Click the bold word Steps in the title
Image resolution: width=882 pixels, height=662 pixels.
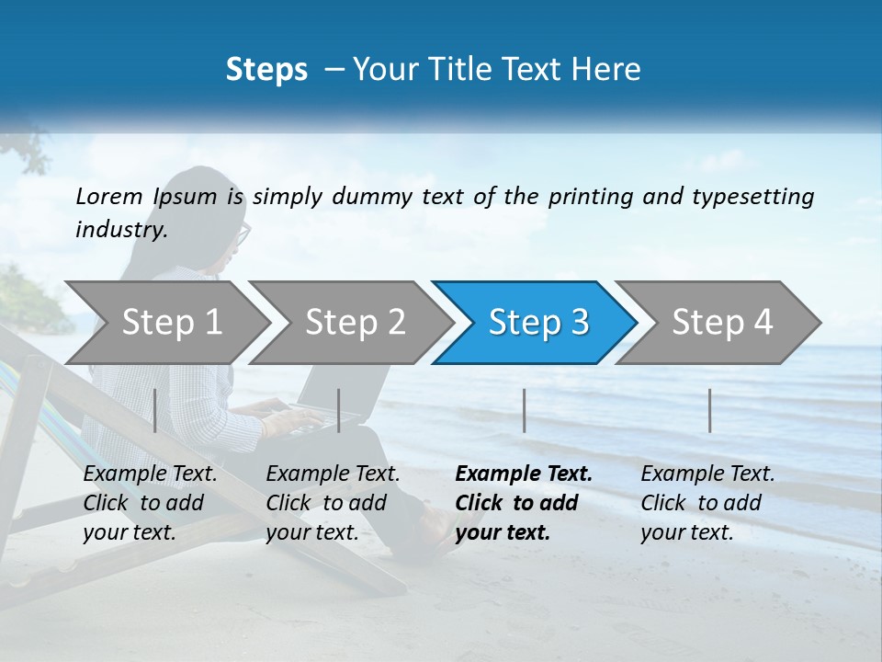click(x=266, y=70)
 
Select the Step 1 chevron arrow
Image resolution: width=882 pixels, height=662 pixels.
click(x=171, y=323)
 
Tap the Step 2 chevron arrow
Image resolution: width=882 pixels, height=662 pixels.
click(x=355, y=323)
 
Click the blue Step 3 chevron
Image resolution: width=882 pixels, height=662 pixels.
click(x=537, y=323)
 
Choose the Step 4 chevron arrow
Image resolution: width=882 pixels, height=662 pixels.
click(x=721, y=323)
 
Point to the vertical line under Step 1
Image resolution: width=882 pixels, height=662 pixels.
click(x=155, y=410)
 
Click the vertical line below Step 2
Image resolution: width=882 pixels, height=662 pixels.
click(x=339, y=410)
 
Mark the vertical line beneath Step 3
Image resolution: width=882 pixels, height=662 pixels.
click(x=524, y=410)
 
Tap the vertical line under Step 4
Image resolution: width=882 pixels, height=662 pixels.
click(x=709, y=410)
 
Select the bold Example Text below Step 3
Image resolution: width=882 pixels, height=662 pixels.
click(x=524, y=474)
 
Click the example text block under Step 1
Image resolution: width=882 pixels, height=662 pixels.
click(x=150, y=503)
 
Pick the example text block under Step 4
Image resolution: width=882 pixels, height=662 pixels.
click(x=707, y=503)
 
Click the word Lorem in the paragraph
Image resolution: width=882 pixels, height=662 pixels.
click(x=109, y=197)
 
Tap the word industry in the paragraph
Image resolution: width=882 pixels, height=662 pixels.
click(x=121, y=230)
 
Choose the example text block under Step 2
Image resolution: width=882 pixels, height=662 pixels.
click(x=333, y=503)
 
